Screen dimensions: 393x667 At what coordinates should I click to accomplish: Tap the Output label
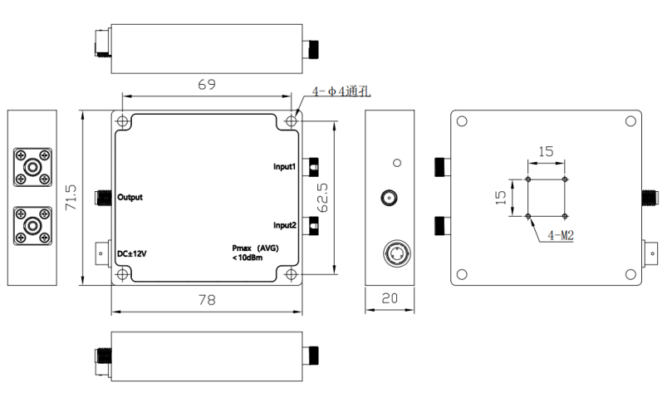[130, 198]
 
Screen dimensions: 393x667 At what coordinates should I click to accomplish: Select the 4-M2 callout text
[562, 236]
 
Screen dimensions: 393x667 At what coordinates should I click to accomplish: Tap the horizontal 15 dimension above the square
[546, 152]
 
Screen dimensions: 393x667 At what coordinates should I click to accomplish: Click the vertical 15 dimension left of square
[500, 198]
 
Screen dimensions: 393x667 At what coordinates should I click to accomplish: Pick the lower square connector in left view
[33, 225]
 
